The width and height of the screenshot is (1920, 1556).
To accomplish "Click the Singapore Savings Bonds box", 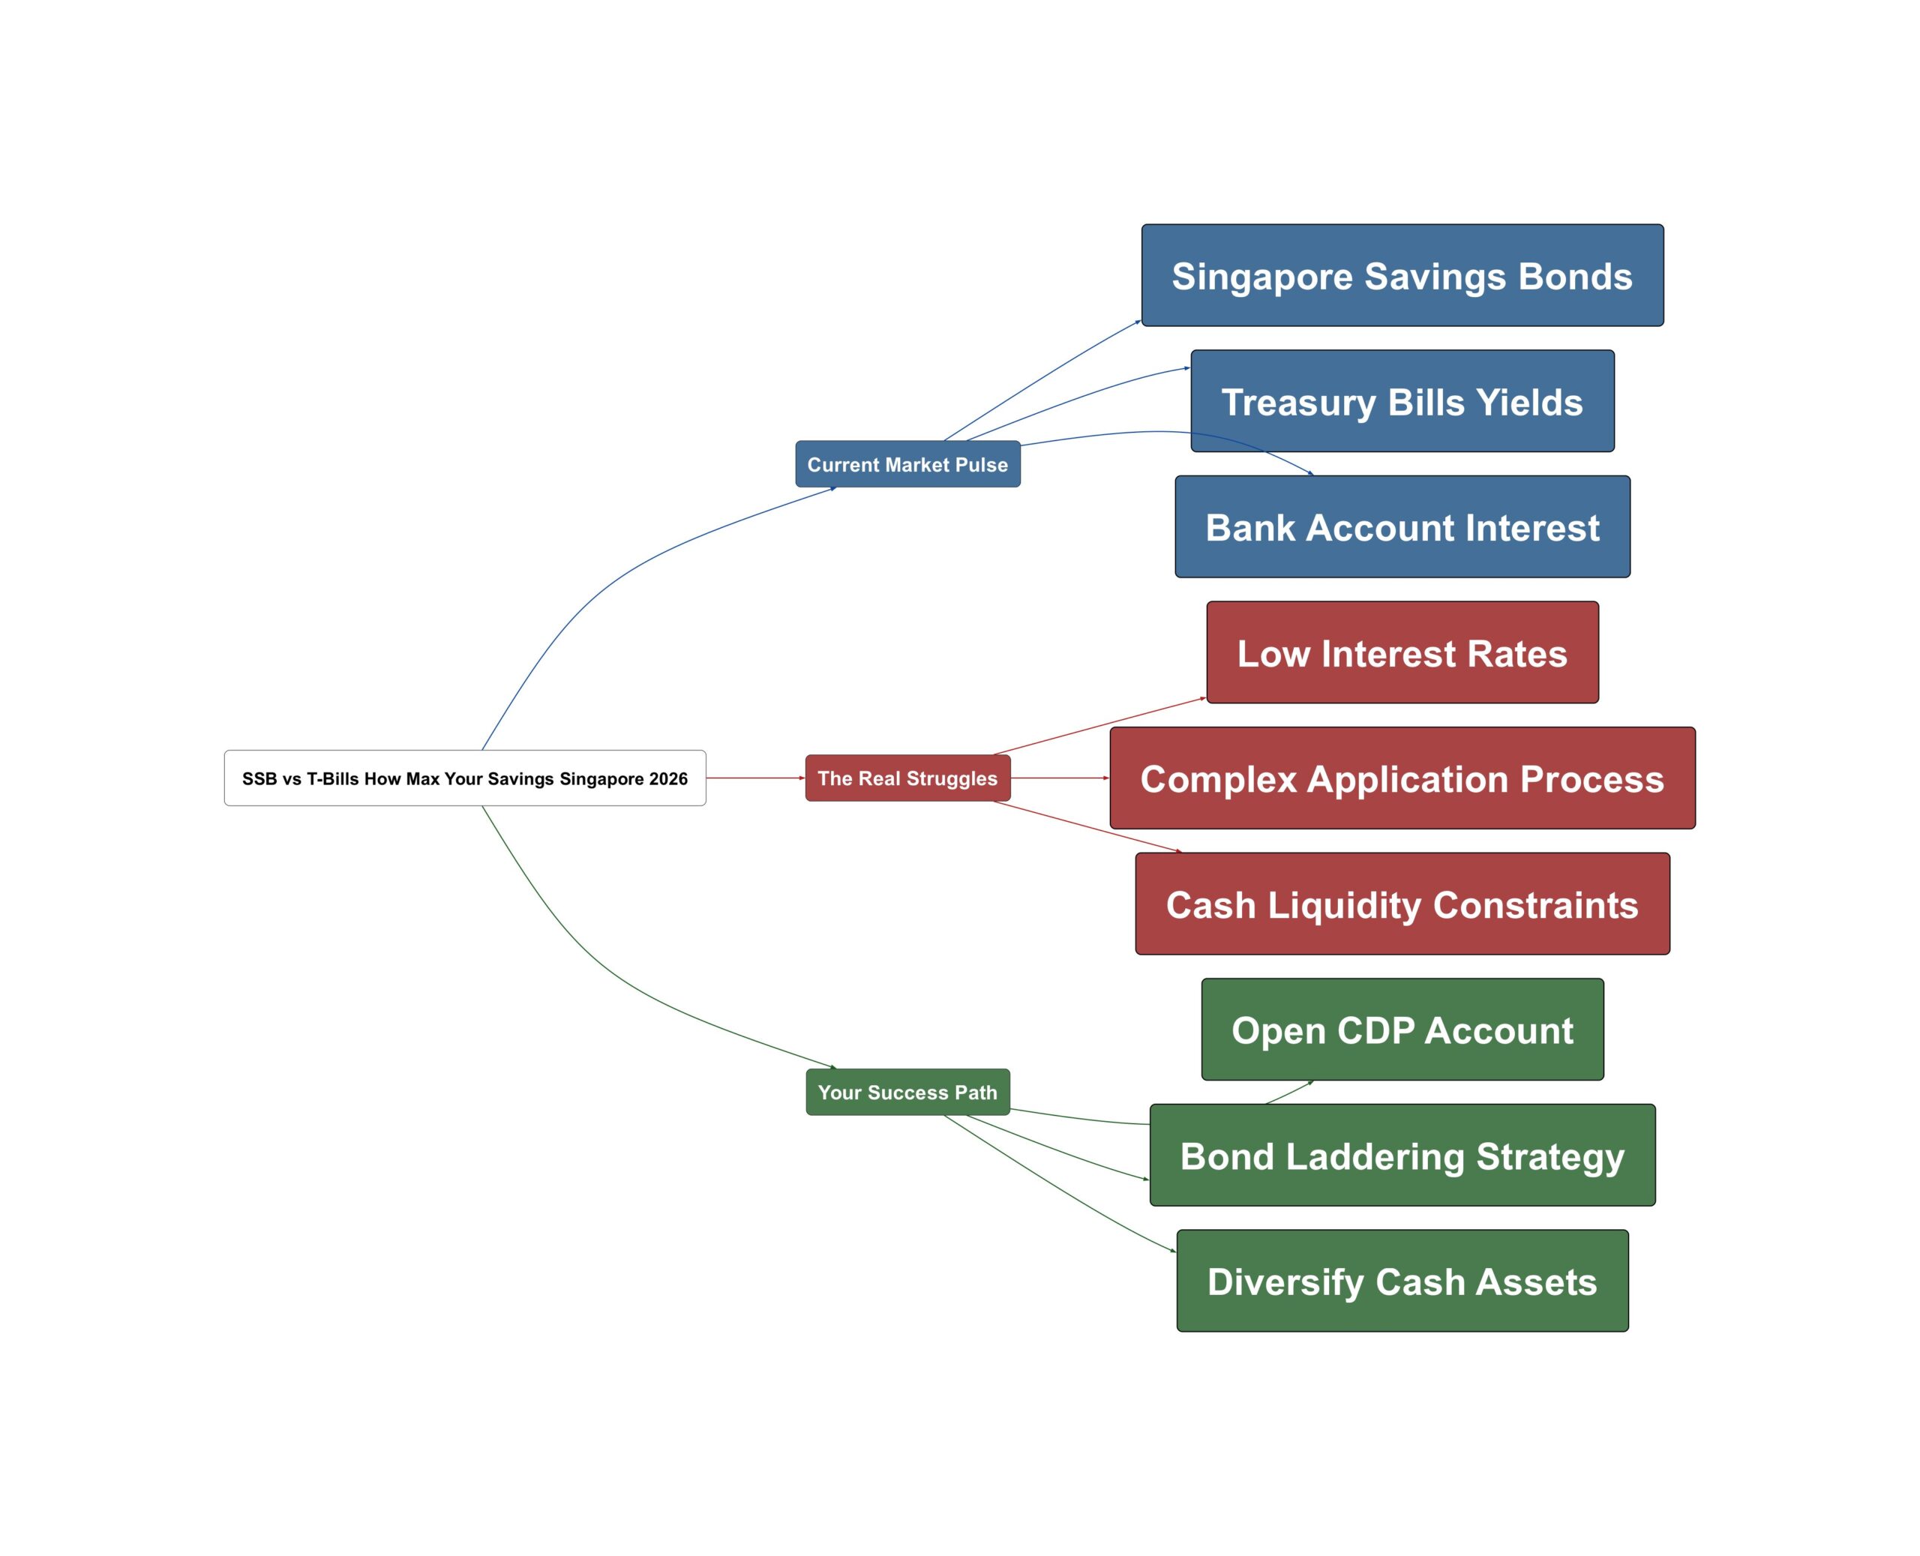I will [1402, 275].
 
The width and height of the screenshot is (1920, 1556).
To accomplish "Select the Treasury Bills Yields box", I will [1402, 400].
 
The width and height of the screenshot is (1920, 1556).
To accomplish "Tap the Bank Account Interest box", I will [1402, 527].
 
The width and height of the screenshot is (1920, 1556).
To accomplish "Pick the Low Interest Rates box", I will [1402, 652].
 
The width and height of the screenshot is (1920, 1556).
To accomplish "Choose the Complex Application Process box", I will [1402, 778].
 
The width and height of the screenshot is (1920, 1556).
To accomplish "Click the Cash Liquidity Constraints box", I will [1402, 904].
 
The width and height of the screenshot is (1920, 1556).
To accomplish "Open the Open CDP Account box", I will [1402, 1030].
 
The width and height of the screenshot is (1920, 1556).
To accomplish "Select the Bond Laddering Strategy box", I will [1402, 1156].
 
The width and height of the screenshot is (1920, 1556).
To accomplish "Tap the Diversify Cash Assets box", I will [1402, 1281].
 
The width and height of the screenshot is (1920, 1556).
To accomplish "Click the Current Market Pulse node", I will [907, 464].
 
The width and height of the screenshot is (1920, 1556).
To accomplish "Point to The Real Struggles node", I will [907, 778].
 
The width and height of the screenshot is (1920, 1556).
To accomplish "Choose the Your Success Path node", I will [907, 1092].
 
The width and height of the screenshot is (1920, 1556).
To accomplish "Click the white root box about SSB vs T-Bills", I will [464, 778].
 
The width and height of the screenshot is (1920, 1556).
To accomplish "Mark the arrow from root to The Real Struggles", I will [754, 778].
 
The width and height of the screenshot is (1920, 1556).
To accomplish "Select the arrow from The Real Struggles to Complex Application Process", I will [1060, 778].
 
